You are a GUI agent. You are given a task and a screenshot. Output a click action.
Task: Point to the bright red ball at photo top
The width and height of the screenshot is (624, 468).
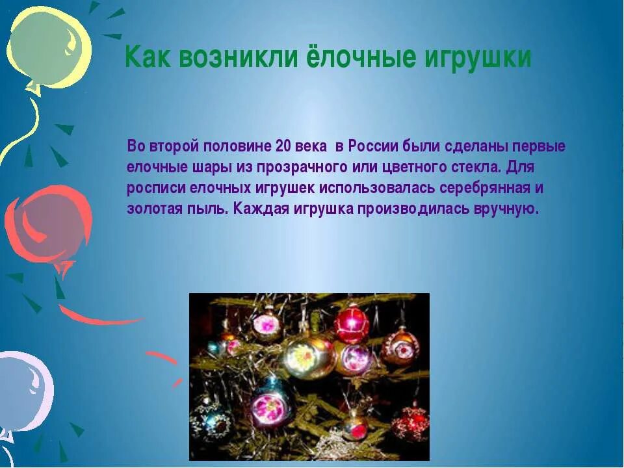click(352, 324)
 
